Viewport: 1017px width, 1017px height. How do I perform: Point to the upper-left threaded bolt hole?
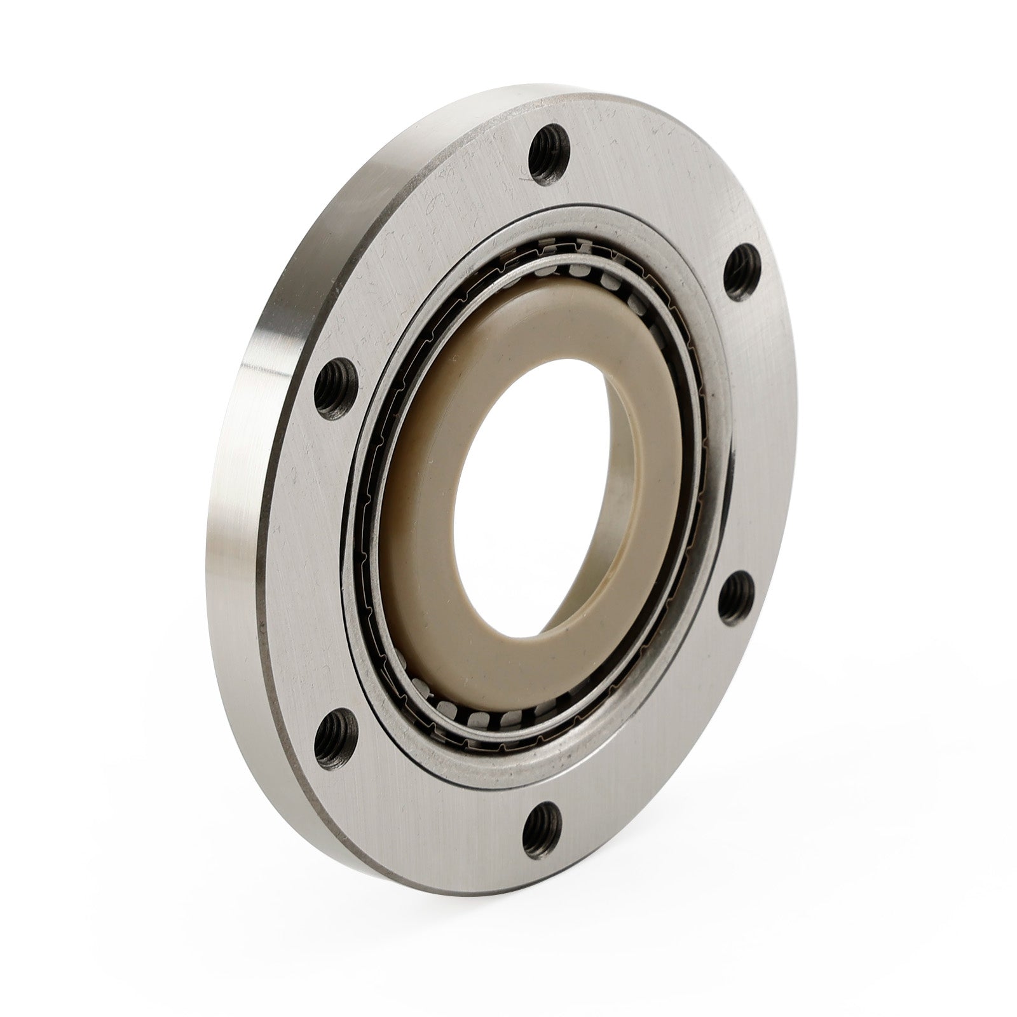(334, 382)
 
